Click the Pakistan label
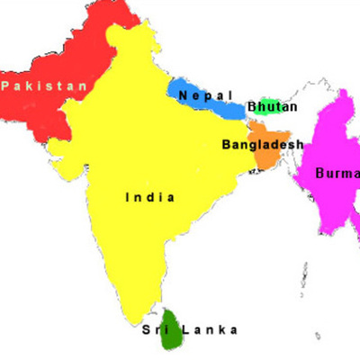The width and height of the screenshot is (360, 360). (x=45, y=86)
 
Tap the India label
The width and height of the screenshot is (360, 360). (x=150, y=197)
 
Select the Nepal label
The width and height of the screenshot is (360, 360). (x=206, y=95)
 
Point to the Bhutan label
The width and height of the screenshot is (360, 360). (x=272, y=107)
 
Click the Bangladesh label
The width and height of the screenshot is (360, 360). (x=262, y=144)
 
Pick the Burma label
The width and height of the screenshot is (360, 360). (x=337, y=174)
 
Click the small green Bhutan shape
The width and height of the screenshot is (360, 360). (x=269, y=102)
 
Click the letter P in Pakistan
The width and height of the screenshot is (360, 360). (x=5, y=86)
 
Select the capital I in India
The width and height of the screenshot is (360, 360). (x=128, y=197)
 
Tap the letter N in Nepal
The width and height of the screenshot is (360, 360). (x=184, y=95)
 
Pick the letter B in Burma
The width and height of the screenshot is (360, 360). (x=319, y=174)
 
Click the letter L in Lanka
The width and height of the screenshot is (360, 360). (x=185, y=329)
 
